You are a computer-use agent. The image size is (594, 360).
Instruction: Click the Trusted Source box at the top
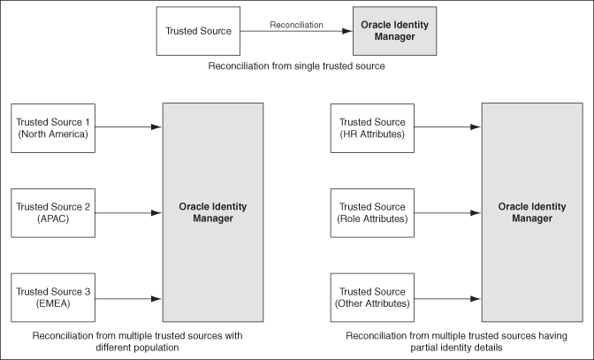199,31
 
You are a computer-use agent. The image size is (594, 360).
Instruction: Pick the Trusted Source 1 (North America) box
54,127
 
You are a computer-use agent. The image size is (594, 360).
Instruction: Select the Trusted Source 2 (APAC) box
54,213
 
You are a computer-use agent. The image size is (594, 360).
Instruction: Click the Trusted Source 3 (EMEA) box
54,298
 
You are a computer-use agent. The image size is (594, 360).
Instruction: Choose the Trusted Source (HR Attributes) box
372,127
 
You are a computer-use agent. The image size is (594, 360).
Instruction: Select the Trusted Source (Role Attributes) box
372,213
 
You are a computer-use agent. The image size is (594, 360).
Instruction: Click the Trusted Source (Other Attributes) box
372,298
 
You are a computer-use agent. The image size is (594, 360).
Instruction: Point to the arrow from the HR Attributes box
447,127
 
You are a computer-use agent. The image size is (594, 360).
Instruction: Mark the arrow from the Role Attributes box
447,213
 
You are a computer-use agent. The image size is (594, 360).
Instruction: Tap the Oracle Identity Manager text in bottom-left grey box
212,213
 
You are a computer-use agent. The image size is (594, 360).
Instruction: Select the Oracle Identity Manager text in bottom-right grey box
531,213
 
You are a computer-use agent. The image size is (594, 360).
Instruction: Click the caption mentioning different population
137,341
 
